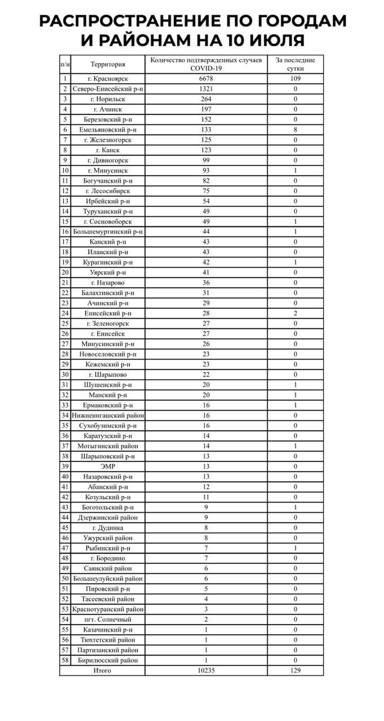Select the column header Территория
pyautogui.click(x=108, y=65)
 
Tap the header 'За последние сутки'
pyautogui.click(x=295, y=64)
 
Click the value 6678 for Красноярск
pyautogui.click(x=206, y=79)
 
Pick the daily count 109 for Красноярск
pyautogui.click(x=295, y=79)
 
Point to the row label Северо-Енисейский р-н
pyautogui.click(x=108, y=89)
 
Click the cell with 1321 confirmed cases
pyautogui.click(x=206, y=89)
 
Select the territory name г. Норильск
pyautogui.click(x=108, y=99)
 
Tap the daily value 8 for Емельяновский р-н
pyautogui.click(x=295, y=130)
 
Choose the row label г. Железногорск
pyautogui.click(x=108, y=140)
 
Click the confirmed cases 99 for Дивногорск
pyautogui.click(x=206, y=161)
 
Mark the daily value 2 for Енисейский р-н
pyautogui.click(x=295, y=313)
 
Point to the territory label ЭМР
pyautogui.click(x=108, y=466)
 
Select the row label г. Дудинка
pyautogui.click(x=108, y=528)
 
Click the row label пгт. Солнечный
pyautogui.click(x=108, y=620)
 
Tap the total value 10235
pyautogui.click(x=206, y=670)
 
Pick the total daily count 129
pyautogui.click(x=295, y=670)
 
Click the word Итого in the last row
pyautogui.click(x=102, y=670)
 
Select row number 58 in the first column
pyautogui.click(x=65, y=660)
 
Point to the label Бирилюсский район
pyautogui.click(x=108, y=660)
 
